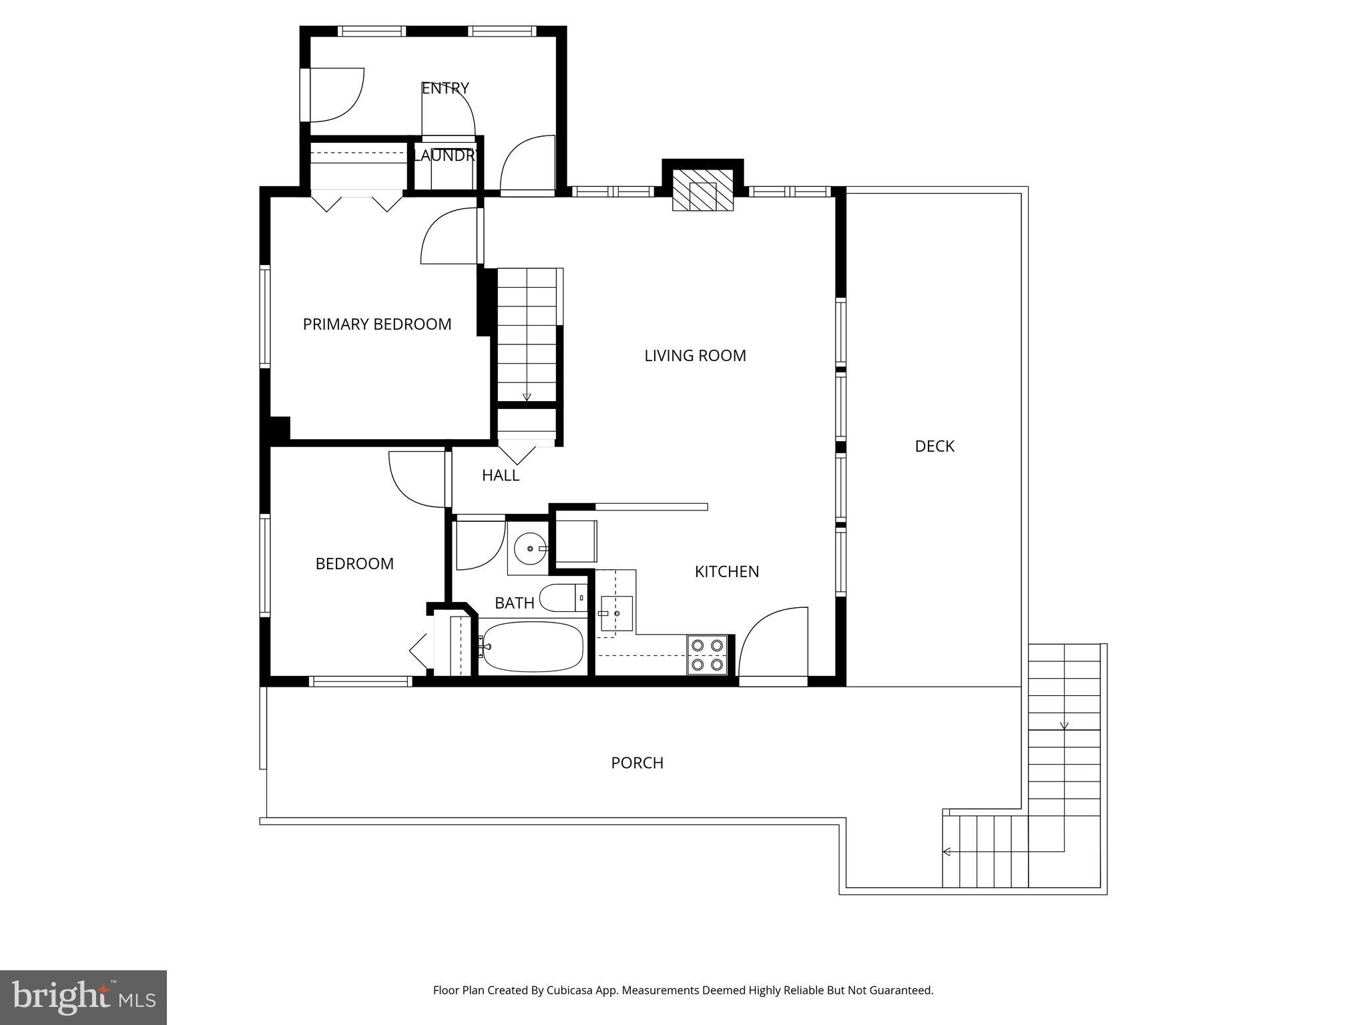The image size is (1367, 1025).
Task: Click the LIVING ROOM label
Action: [x=695, y=356]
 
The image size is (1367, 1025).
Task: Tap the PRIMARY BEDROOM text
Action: [x=377, y=324]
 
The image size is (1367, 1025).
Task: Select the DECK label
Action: [x=934, y=446]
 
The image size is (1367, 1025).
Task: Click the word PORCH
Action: [x=637, y=763]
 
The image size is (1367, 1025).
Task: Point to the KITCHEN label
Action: [x=726, y=572]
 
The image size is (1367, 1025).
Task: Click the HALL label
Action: [x=501, y=476]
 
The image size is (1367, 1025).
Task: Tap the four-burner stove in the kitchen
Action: [x=708, y=655]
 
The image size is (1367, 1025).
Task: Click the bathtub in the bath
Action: [x=532, y=647]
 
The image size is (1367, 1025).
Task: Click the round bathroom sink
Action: [x=531, y=549]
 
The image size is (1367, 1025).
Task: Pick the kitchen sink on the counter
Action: [x=615, y=613]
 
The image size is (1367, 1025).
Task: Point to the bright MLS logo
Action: [x=83, y=997]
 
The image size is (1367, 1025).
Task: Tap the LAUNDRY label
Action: [x=445, y=156]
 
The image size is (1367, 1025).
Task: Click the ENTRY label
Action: [x=445, y=88]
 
